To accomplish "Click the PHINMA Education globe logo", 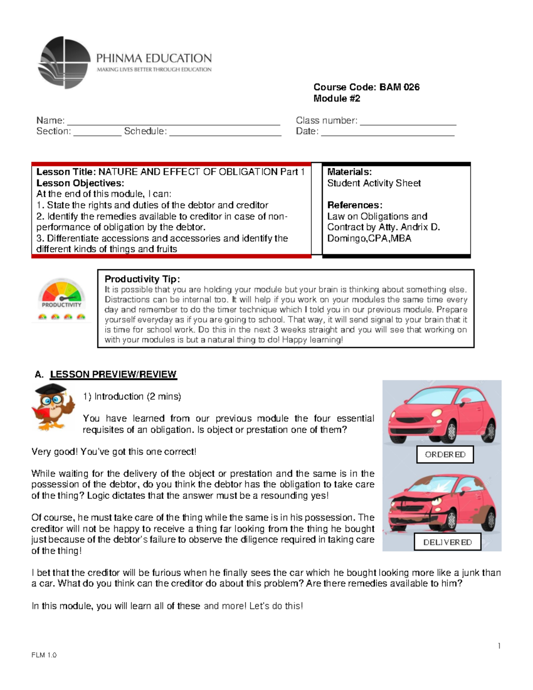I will tap(64, 62).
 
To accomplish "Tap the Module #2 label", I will tap(337, 99).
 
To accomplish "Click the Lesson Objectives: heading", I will tap(80, 183).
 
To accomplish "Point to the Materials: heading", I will tap(349, 172).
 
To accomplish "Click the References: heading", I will tap(354, 205).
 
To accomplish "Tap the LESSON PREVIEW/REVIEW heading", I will tap(113, 375).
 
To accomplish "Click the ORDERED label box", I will tap(445, 455).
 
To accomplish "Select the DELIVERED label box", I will tap(447, 542).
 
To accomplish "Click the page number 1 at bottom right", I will tap(499, 646).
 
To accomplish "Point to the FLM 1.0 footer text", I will tap(44, 655).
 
